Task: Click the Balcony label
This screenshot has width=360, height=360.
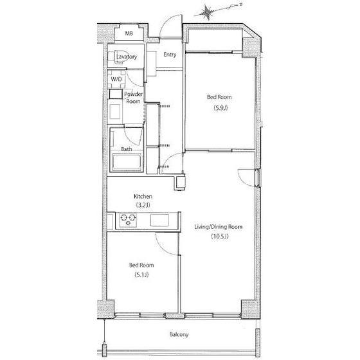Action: (179, 334)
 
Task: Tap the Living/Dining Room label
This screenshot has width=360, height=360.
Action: (219, 227)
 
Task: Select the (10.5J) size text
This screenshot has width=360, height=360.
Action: (220, 237)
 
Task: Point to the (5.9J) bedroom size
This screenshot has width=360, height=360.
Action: (221, 108)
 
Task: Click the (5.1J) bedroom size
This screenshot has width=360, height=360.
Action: (141, 274)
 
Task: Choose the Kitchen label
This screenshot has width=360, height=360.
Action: (143, 196)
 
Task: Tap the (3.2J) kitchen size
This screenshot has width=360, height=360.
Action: (143, 205)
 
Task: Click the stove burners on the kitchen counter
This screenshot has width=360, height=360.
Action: (128, 220)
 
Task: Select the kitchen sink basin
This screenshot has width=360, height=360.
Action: (159, 220)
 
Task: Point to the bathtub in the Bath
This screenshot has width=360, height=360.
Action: (127, 161)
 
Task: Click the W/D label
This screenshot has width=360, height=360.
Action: (116, 79)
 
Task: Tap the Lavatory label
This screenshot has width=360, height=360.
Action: (127, 57)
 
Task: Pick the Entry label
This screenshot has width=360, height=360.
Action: (170, 55)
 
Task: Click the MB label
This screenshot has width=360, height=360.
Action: (129, 33)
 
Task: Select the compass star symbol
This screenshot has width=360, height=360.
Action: (207, 13)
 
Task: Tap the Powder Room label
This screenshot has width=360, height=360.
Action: (133, 98)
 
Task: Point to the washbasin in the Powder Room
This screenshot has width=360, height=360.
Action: (115, 112)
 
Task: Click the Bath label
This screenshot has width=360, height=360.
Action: (126, 149)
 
